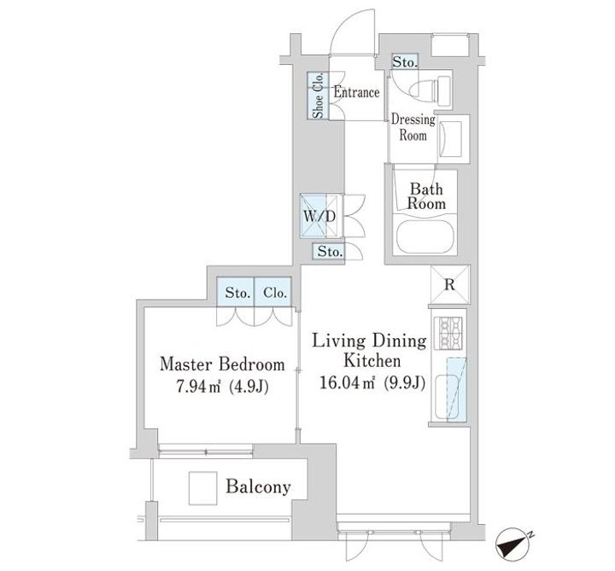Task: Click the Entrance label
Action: [356, 92]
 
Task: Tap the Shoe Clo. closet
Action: [318, 96]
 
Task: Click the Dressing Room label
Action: [413, 127]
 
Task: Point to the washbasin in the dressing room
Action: [450, 139]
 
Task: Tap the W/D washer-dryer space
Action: [319, 216]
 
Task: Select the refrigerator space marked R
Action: [450, 284]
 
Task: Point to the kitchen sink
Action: [447, 396]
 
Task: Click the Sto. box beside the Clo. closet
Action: [236, 292]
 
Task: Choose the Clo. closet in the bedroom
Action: [273, 292]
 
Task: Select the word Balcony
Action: [258, 487]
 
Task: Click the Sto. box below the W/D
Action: [328, 251]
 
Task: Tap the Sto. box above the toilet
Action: [405, 61]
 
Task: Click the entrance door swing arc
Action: [342, 25]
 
